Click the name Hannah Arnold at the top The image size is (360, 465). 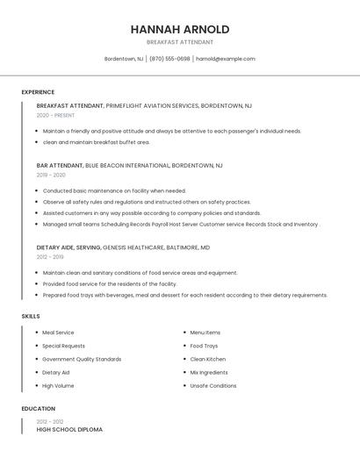(x=179, y=29)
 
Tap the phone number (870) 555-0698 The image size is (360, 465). (x=169, y=59)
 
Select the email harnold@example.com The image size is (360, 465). (x=226, y=59)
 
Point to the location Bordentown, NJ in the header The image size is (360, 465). (x=123, y=59)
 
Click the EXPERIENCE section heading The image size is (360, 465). (x=38, y=92)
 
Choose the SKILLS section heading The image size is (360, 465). (x=31, y=316)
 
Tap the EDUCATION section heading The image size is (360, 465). (x=38, y=409)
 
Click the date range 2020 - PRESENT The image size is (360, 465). (x=55, y=115)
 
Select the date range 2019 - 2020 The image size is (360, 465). (x=51, y=175)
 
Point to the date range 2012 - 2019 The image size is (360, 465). (x=50, y=257)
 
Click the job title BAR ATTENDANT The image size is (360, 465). (x=60, y=165)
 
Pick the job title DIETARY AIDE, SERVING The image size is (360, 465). (x=68, y=247)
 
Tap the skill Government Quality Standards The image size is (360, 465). (x=82, y=359)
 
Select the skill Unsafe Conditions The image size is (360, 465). (x=213, y=385)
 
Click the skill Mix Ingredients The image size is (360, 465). (x=209, y=372)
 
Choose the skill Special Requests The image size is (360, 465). (x=63, y=346)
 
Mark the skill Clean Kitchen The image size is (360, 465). (x=208, y=359)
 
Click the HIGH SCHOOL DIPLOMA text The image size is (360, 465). (x=69, y=430)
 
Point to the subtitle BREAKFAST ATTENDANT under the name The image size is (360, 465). (x=179, y=42)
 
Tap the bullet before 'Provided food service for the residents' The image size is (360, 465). (x=37, y=284)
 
